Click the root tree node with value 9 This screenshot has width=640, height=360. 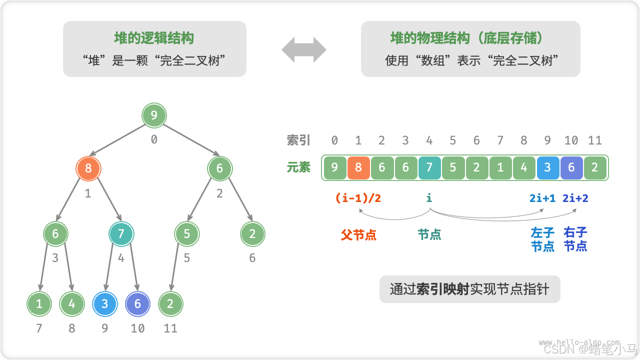tap(154, 116)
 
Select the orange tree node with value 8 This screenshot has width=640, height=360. tap(88, 168)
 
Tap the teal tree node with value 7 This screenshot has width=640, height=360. tap(121, 234)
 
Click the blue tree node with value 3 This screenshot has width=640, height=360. tap(104, 304)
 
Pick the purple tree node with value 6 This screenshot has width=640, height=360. tap(137, 304)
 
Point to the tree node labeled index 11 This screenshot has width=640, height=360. tap(170, 304)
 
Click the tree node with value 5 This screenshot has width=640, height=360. tap(186, 234)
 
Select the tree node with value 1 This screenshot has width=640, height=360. tap(39, 304)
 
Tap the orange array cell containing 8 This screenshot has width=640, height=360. tap(358, 168)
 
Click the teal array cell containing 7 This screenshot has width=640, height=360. tap(429, 168)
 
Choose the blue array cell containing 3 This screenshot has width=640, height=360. tap(547, 168)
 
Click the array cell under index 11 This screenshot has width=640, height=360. tap(594, 168)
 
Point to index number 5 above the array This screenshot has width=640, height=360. tap(452, 140)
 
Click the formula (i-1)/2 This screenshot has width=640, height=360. tap(358, 198)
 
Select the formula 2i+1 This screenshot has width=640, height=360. tap(542, 198)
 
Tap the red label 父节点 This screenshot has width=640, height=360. tap(358, 235)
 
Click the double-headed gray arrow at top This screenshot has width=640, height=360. tap(304, 49)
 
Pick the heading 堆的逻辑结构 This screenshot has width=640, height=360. tap(154, 38)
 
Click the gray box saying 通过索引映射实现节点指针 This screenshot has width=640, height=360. tap(469, 289)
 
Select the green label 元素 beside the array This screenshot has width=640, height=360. tap(298, 167)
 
